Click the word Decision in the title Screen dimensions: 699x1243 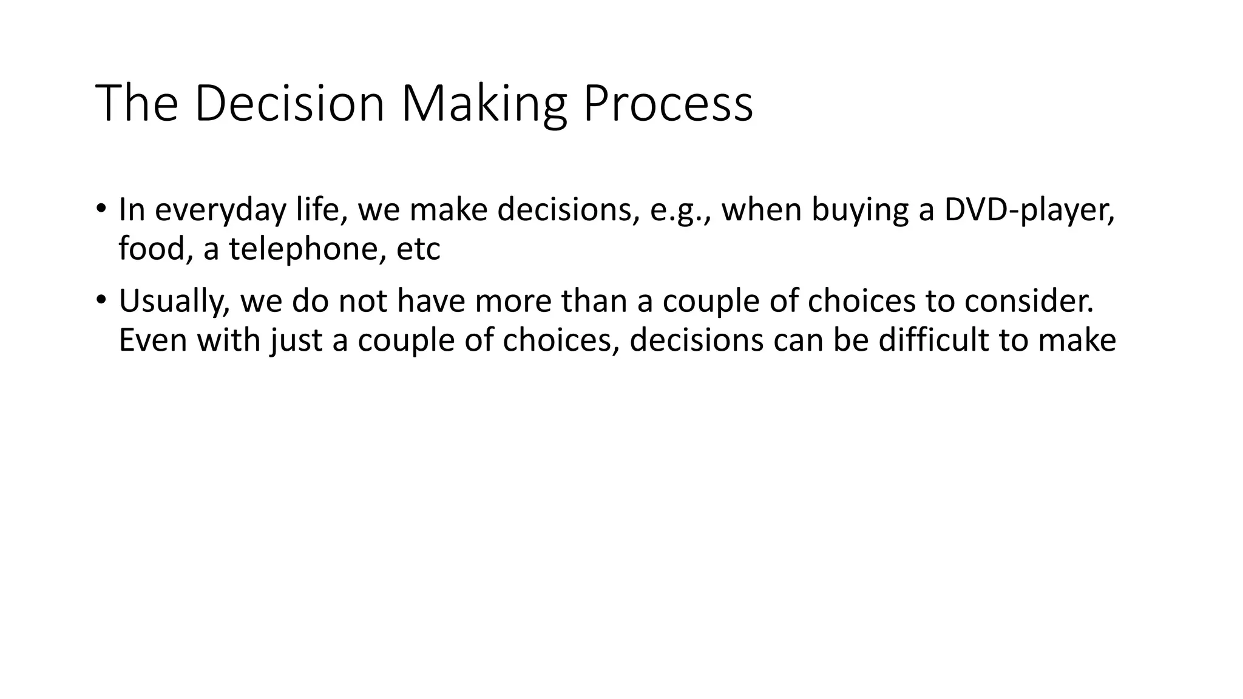290,103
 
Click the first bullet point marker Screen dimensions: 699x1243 101,208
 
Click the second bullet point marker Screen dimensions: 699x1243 101,300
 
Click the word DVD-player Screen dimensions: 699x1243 1029,211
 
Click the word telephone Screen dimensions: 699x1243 307,248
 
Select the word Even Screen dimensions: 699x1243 154,340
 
